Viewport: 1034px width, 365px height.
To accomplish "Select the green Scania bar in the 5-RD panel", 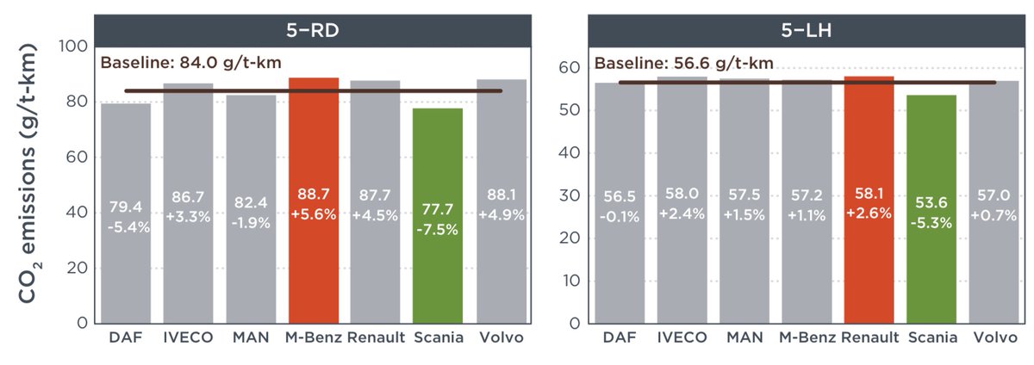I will point(437,215).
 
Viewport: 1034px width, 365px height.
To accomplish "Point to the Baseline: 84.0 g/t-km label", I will point(191,63).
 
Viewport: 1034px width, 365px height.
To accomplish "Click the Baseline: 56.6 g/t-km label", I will point(683,63).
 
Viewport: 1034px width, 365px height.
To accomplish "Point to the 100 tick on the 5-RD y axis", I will point(74,46).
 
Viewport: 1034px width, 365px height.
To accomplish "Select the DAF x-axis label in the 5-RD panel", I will point(126,337).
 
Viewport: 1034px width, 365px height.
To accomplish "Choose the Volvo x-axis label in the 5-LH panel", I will point(993,337).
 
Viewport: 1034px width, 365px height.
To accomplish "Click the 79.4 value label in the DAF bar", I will point(126,207).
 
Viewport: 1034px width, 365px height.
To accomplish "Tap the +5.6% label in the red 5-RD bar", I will point(313,227).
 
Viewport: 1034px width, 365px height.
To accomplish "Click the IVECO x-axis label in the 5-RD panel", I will point(188,337).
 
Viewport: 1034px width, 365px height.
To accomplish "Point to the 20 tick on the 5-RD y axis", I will point(78,268).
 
